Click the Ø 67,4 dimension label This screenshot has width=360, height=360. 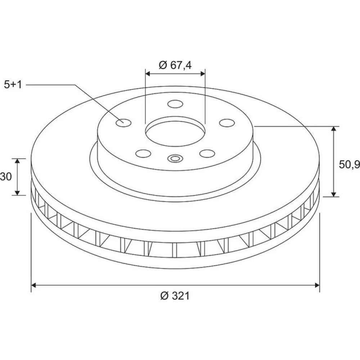[175, 65]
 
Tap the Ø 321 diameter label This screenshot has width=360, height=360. [175, 296]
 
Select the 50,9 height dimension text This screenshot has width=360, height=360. [349, 164]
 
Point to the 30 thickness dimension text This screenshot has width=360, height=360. [6, 176]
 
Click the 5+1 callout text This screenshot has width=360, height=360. [13, 85]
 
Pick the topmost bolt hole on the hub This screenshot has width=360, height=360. [175, 104]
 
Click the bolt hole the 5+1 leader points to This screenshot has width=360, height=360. [123, 123]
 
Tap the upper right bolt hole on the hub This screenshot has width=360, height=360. [227, 123]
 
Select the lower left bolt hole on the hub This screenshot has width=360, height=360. [143, 153]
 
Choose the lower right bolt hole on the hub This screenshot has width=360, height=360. [207, 153]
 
